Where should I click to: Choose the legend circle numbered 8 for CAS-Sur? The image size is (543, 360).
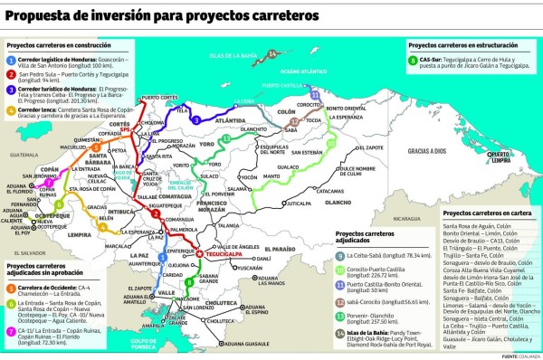pyautogui.click(x=413, y=62)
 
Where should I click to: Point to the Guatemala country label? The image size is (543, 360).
pyautogui.click(x=20, y=155)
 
